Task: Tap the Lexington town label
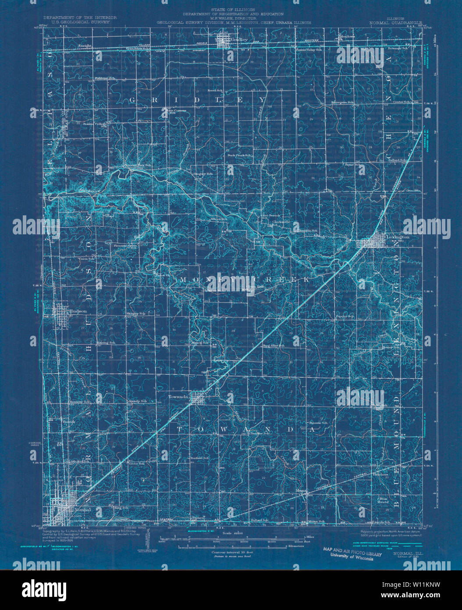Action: pyautogui.click(x=398, y=237)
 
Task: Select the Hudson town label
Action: pyautogui.click(x=78, y=311)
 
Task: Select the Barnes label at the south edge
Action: pyautogui.click(x=199, y=518)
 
